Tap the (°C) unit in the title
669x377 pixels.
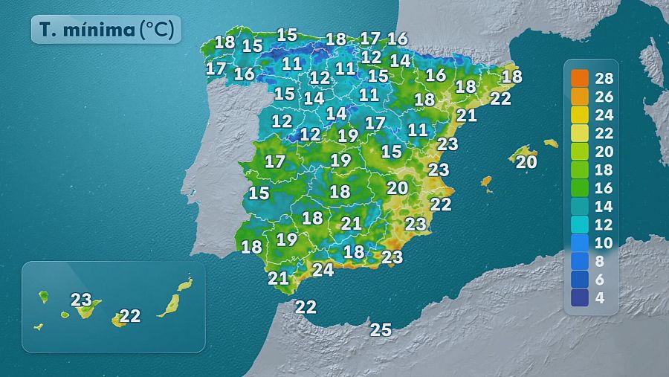click(157, 30)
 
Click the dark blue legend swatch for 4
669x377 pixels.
click(580, 298)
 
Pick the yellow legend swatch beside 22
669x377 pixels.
click(580, 133)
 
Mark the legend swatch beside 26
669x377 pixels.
click(580, 97)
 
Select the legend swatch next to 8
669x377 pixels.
click(580, 261)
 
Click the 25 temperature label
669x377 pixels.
click(381, 329)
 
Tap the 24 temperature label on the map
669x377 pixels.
click(323, 270)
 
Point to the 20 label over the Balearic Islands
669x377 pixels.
click(526, 161)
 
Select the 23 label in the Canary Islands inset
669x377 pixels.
click(81, 300)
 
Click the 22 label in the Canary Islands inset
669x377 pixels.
click(130, 316)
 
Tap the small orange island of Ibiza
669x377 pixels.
click(487, 181)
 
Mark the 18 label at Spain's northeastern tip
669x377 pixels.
click(511, 76)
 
